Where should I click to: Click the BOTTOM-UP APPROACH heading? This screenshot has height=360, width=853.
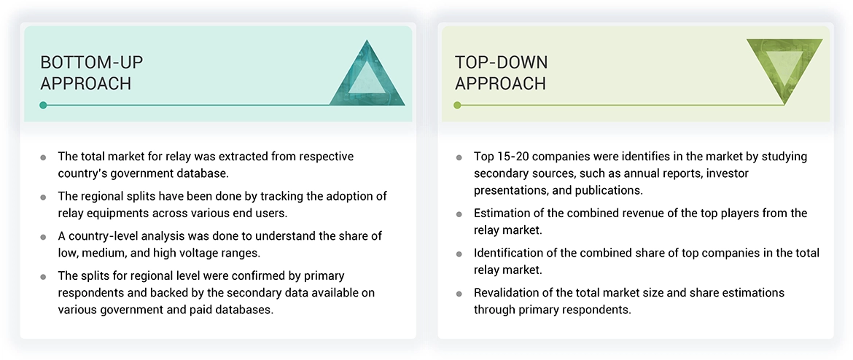click(x=86, y=73)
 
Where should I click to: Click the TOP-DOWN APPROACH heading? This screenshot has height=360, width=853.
click(x=501, y=73)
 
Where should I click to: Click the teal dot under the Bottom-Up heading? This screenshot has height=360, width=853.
click(x=44, y=105)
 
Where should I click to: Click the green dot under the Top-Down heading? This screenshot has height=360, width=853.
click(x=457, y=105)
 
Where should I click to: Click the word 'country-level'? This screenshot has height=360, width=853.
click(x=104, y=236)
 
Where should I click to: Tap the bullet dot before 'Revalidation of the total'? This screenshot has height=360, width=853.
click(x=459, y=294)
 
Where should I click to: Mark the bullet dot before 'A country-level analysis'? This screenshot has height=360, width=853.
click(x=44, y=238)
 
